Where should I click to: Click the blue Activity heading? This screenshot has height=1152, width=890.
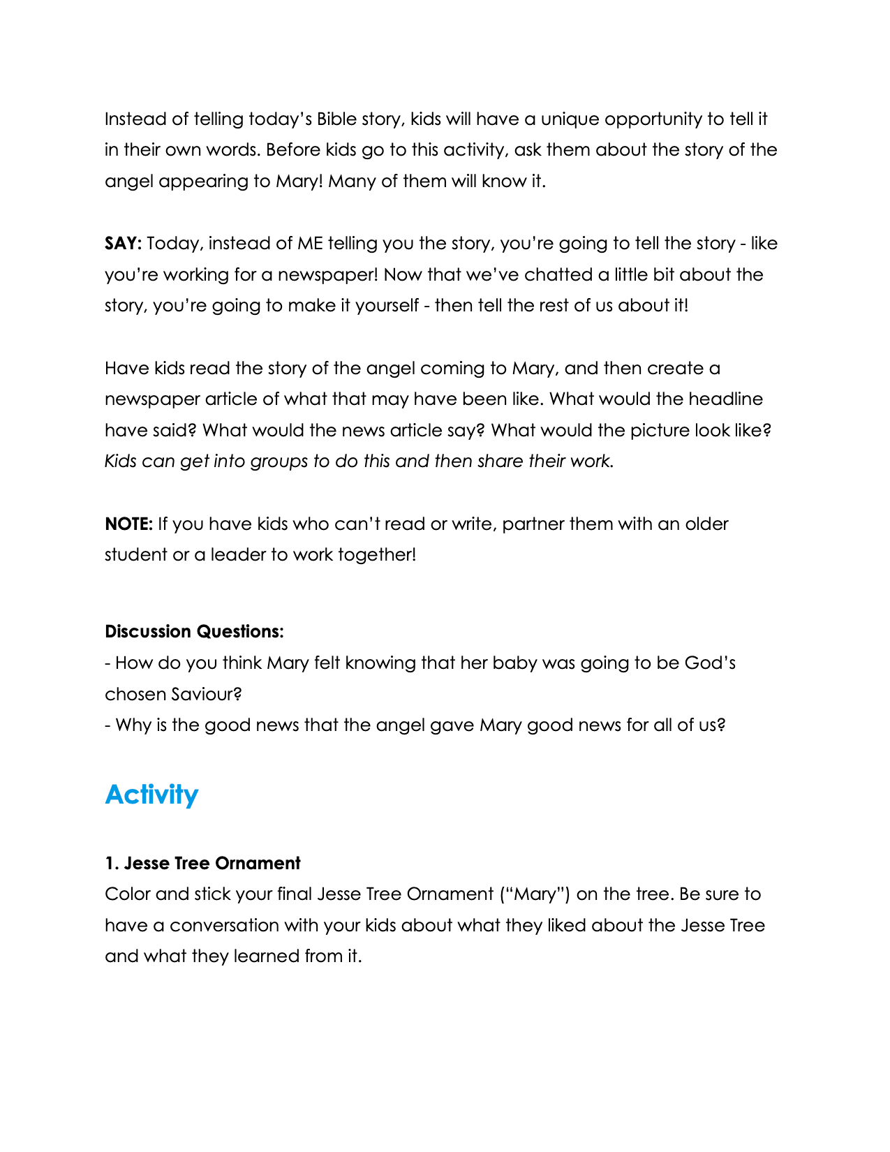(151, 795)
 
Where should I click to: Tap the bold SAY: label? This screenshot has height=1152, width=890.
(124, 243)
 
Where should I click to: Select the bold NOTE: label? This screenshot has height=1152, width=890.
(128, 524)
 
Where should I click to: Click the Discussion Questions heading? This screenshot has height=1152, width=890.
(194, 631)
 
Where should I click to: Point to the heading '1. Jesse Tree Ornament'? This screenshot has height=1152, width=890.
(202, 863)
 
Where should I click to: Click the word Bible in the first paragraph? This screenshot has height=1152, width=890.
(336, 119)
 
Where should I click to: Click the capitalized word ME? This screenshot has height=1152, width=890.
(310, 243)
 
